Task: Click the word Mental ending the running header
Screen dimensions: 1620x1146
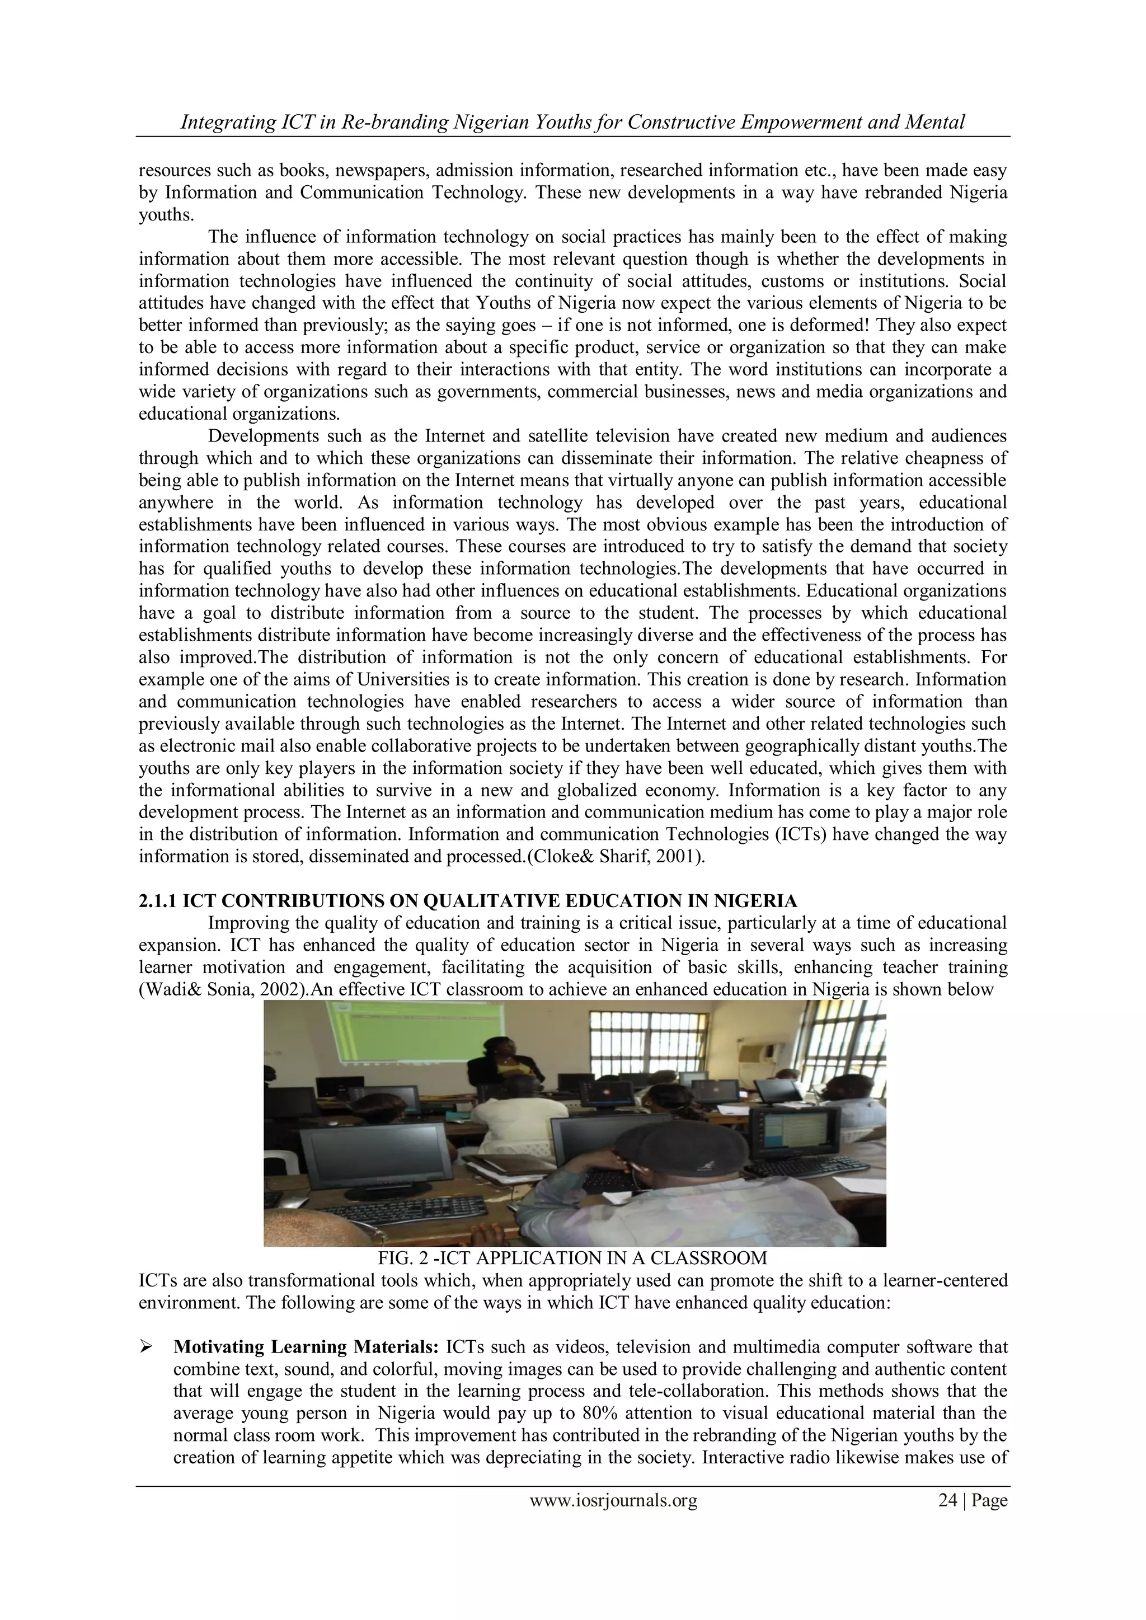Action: [x=937, y=122]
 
